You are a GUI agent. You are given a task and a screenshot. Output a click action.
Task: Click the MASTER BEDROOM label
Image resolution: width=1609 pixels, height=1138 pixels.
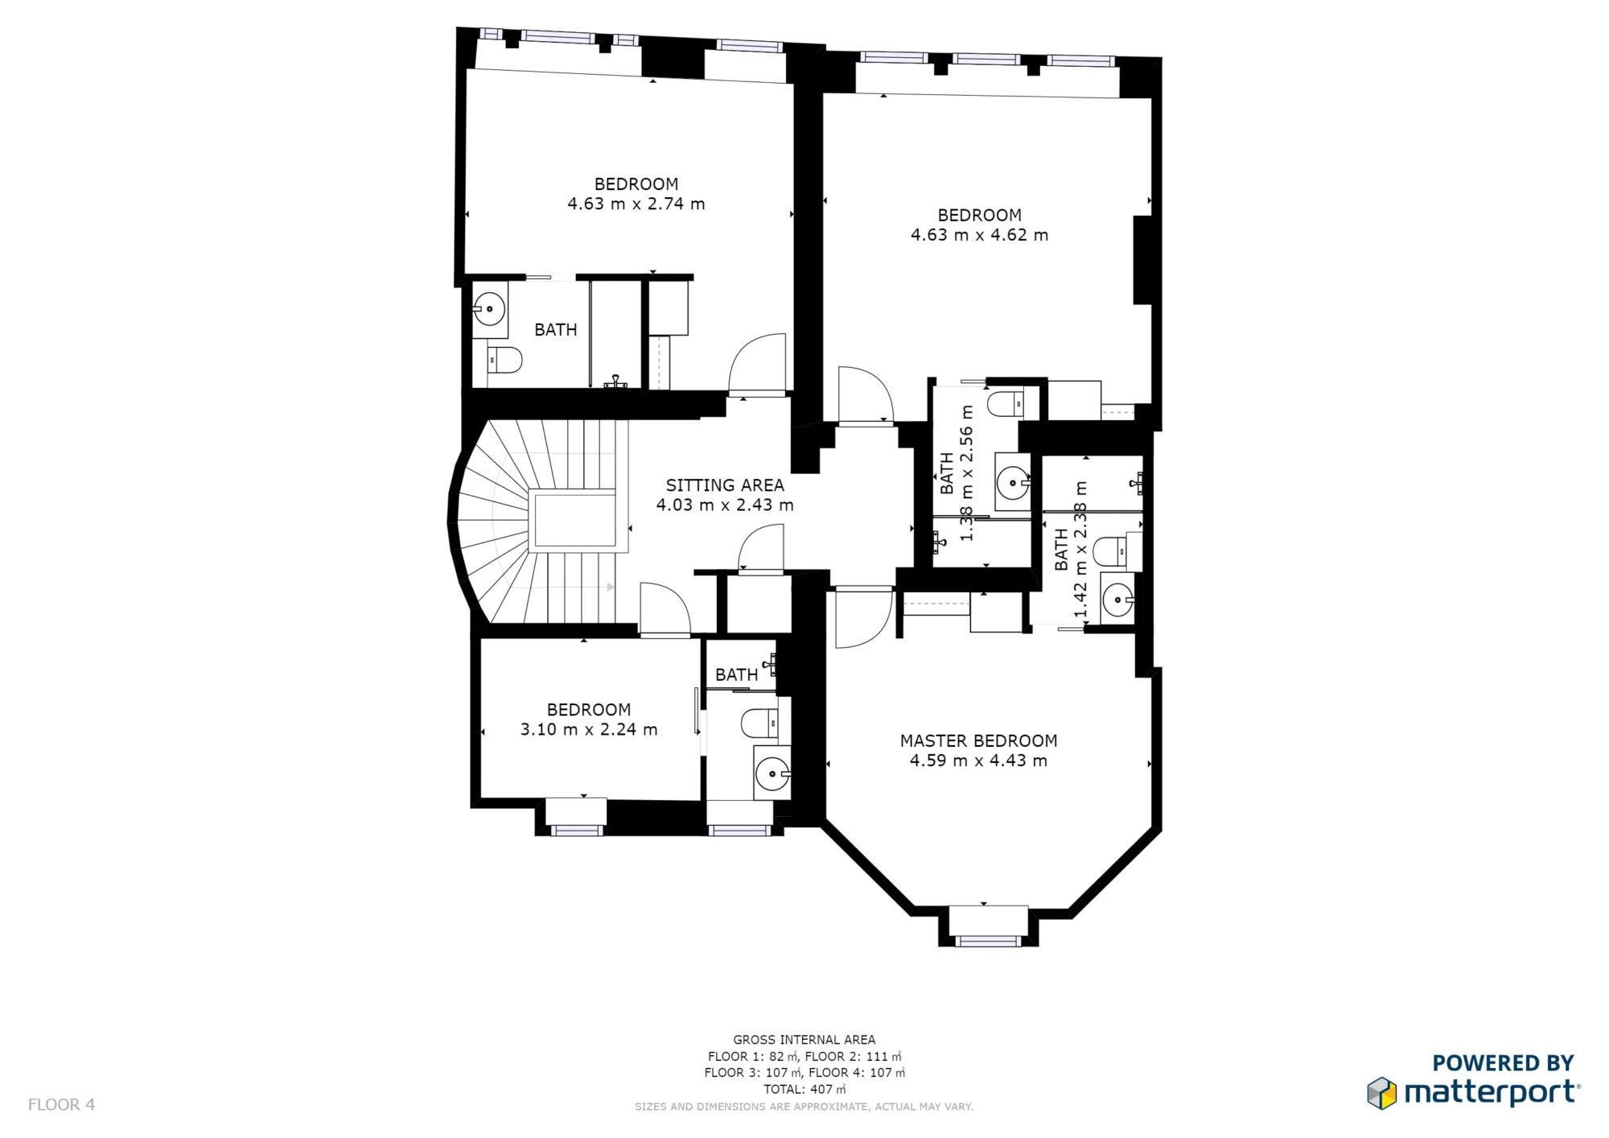[x=978, y=740]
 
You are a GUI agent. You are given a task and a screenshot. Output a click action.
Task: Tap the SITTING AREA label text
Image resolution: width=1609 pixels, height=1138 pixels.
[x=724, y=485]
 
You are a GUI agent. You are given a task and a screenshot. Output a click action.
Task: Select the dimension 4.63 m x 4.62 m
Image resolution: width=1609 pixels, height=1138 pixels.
[x=979, y=235]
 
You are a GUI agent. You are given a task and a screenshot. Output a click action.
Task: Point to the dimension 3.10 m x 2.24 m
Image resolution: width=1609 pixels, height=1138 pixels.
[x=589, y=730]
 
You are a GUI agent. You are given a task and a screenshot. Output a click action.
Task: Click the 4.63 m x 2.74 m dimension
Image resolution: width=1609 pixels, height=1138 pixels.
[x=636, y=204]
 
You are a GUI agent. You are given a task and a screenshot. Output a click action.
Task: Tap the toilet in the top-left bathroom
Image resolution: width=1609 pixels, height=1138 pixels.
[x=504, y=360]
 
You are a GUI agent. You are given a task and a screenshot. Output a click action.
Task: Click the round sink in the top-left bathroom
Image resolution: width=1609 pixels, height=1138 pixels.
[x=488, y=309]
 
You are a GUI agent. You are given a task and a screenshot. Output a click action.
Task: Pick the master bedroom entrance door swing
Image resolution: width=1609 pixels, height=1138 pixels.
[x=862, y=618]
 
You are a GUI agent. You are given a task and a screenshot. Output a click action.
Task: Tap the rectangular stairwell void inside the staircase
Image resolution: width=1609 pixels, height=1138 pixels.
[x=572, y=520]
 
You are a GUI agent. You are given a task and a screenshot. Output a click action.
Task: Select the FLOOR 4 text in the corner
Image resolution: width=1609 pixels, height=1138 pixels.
[x=61, y=1105]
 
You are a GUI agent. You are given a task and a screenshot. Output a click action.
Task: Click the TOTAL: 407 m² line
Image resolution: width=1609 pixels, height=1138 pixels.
[x=804, y=1089]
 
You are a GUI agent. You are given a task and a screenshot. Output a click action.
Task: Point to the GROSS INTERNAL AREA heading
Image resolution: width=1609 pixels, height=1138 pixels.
[x=804, y=1040]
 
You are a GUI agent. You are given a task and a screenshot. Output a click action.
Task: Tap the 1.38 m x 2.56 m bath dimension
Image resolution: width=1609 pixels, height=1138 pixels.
[x=966, y=473]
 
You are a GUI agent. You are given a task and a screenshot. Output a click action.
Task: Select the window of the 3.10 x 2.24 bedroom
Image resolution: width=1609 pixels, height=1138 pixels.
[x=576, y=829]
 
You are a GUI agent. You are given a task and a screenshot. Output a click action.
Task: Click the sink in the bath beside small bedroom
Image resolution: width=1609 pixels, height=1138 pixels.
[x=772, y=774]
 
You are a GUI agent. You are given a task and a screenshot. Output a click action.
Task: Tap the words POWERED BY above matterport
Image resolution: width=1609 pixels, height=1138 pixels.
[x=1502, y=1063]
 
